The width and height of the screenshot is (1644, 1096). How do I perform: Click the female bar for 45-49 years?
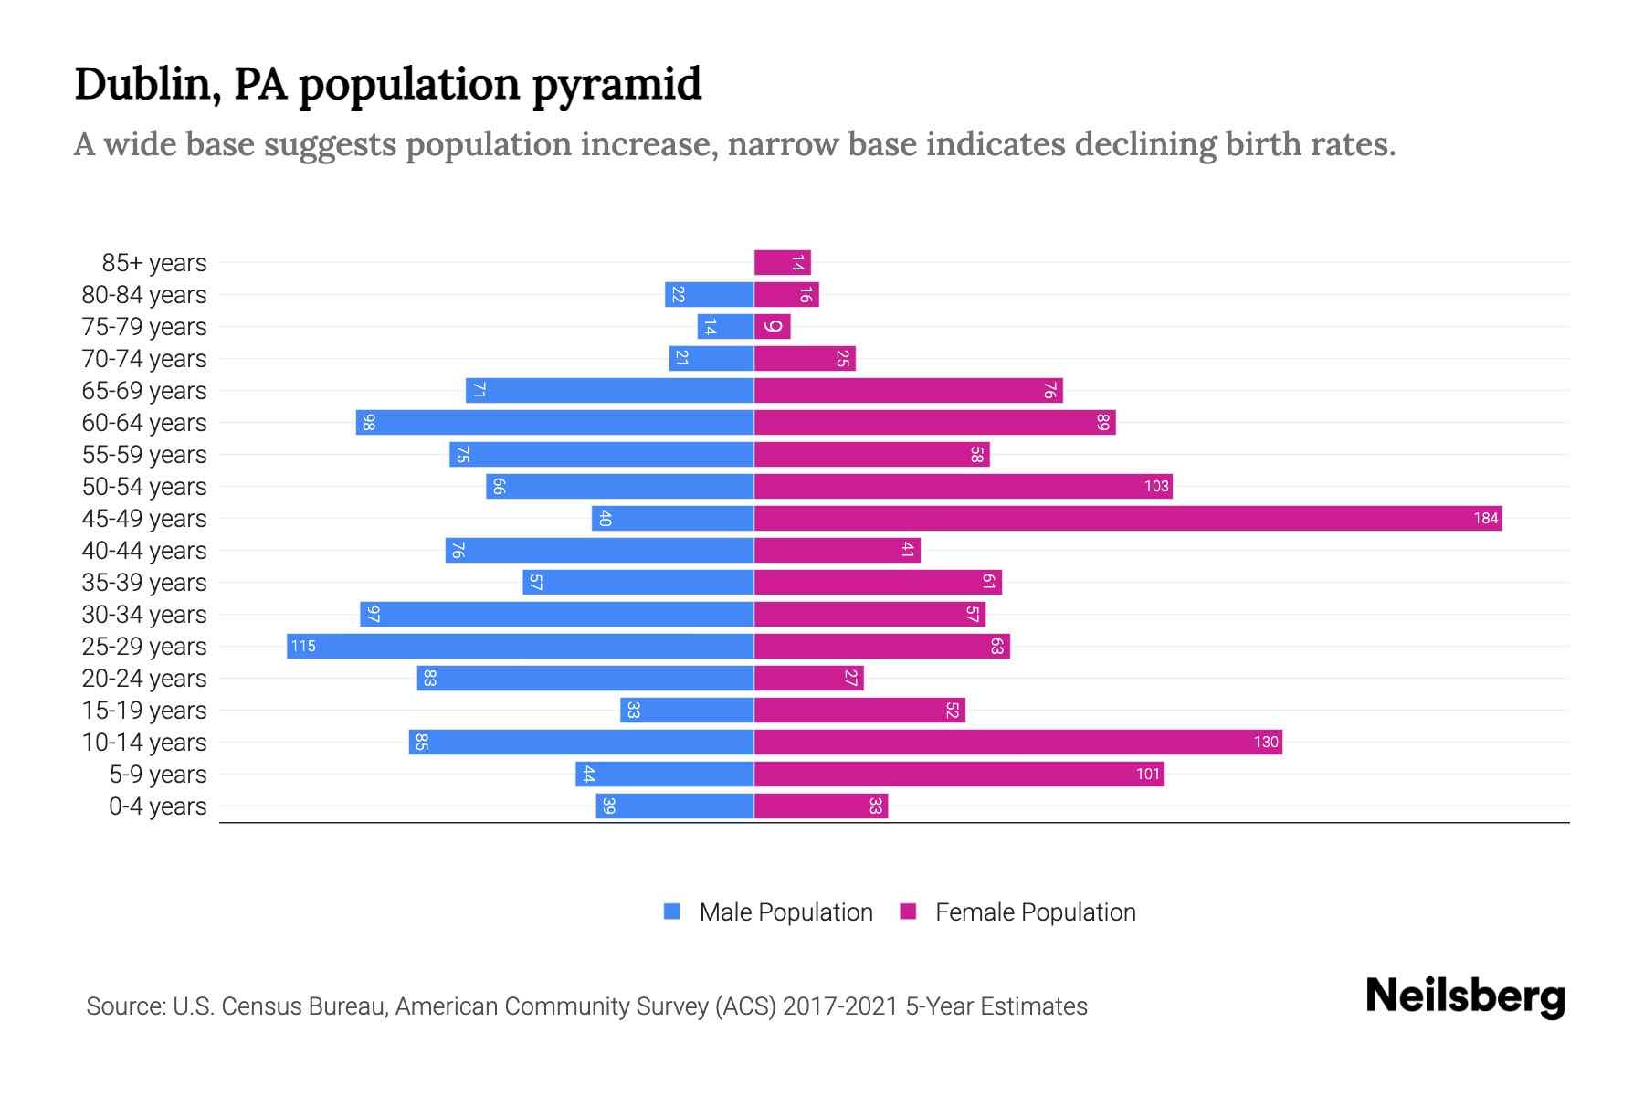(x=1128, y=519)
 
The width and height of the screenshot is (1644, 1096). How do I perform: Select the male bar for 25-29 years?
(x=521, y=647)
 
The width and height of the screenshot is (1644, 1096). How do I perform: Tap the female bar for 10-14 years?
(x=1018, y=743)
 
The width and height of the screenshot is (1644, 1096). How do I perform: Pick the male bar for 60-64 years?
(x=555, y=423)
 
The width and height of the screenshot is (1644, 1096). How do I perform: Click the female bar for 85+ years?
(x=783, y=263)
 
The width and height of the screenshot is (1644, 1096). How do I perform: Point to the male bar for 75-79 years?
(x=726, y=327)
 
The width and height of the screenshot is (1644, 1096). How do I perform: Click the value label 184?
(x=1485, y=519)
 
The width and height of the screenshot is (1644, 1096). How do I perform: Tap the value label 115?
(x=303, y=647)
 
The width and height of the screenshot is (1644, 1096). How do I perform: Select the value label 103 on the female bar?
(x=1156, y=487)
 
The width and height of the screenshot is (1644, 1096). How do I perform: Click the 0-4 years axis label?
(x=157, y=806)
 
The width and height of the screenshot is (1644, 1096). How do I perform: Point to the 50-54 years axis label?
(x=144, y=487)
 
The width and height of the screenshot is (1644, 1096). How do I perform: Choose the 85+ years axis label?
(x=154, y=263)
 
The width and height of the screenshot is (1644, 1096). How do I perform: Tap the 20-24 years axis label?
(x=144, y=679)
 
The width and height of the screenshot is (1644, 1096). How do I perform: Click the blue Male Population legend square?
(x=672, y=912)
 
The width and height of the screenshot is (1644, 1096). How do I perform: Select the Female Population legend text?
(x=1035, y=912)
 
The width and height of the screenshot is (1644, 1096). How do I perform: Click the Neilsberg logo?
(x=1465, y=996)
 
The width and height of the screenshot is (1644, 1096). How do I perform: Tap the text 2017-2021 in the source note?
(x=840, y=1006)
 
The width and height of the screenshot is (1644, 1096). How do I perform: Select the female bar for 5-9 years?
(x=959, y=775)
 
